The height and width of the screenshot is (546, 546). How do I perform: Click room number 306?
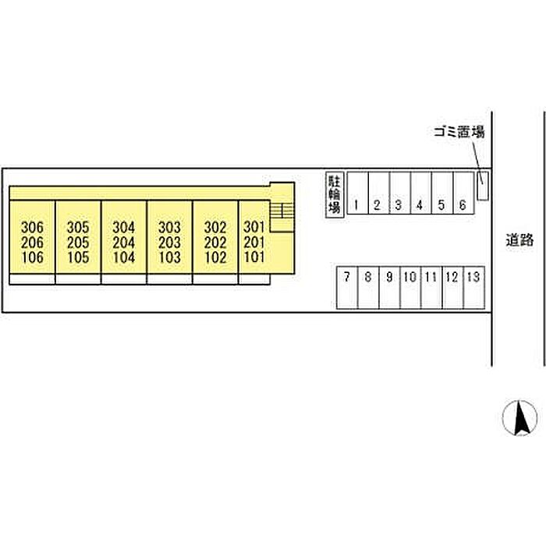[33, 228]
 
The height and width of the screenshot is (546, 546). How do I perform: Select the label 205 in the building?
[78, 243]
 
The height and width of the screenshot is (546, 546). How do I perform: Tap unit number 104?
[124, 257]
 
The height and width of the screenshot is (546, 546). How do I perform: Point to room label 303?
[169, 228]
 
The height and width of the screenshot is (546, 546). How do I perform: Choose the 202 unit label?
[215, 243]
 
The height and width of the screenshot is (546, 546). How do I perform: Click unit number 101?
[254, 257]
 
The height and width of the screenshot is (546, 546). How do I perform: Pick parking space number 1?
[356, 205]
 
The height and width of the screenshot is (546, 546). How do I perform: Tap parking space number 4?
[420, 205]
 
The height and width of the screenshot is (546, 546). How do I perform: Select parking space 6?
[463, 205]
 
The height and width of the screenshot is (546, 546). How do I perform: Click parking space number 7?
[347, 277]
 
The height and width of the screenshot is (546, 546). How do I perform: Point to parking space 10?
[409, 277]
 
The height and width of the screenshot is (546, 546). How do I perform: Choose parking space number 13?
[473, 277]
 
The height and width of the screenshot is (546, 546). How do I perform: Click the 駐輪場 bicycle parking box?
[335, 195]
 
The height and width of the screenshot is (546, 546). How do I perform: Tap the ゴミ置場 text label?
[459, 133]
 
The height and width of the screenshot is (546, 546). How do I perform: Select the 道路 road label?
[519, 240]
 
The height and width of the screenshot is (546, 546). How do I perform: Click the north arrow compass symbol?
[519, 418]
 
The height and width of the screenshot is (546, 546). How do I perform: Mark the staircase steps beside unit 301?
[282, 211]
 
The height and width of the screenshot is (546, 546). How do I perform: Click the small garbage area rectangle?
[482, 186]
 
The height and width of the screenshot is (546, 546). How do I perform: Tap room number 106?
[33, 257]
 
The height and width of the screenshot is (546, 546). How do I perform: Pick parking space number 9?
[389, 277]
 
